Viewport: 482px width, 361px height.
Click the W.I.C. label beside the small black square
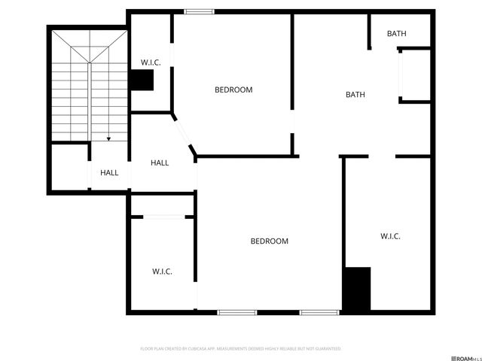click(x=151, y=62)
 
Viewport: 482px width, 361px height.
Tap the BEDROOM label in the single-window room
click(x=233, y=89)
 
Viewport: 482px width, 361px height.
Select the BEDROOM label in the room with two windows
click(x=270, y=241)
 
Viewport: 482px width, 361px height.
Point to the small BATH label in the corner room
click(x=397, y=33)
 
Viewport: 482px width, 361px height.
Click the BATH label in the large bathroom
click(x=355, y=95)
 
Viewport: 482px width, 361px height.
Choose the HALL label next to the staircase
click(x=109, y=173)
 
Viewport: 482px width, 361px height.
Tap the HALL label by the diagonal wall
click(x=160, y=162)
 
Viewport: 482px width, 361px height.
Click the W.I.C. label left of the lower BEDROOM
click(x=162, y=272)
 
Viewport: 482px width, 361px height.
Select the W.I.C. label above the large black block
click(x=390, y=236)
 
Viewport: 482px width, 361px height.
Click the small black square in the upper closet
click(x=142, y=80)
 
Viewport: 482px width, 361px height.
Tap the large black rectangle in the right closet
click(x=357, y=290)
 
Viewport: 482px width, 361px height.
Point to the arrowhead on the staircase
click(x=108, y=139)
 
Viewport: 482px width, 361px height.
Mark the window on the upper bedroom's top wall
click(x=198, y=11)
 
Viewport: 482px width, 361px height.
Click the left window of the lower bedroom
click(x=237, y=312)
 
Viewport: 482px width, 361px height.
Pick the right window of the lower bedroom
click(x=320, y=312)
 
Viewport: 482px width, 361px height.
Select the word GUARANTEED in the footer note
click(x=328, y=349)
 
